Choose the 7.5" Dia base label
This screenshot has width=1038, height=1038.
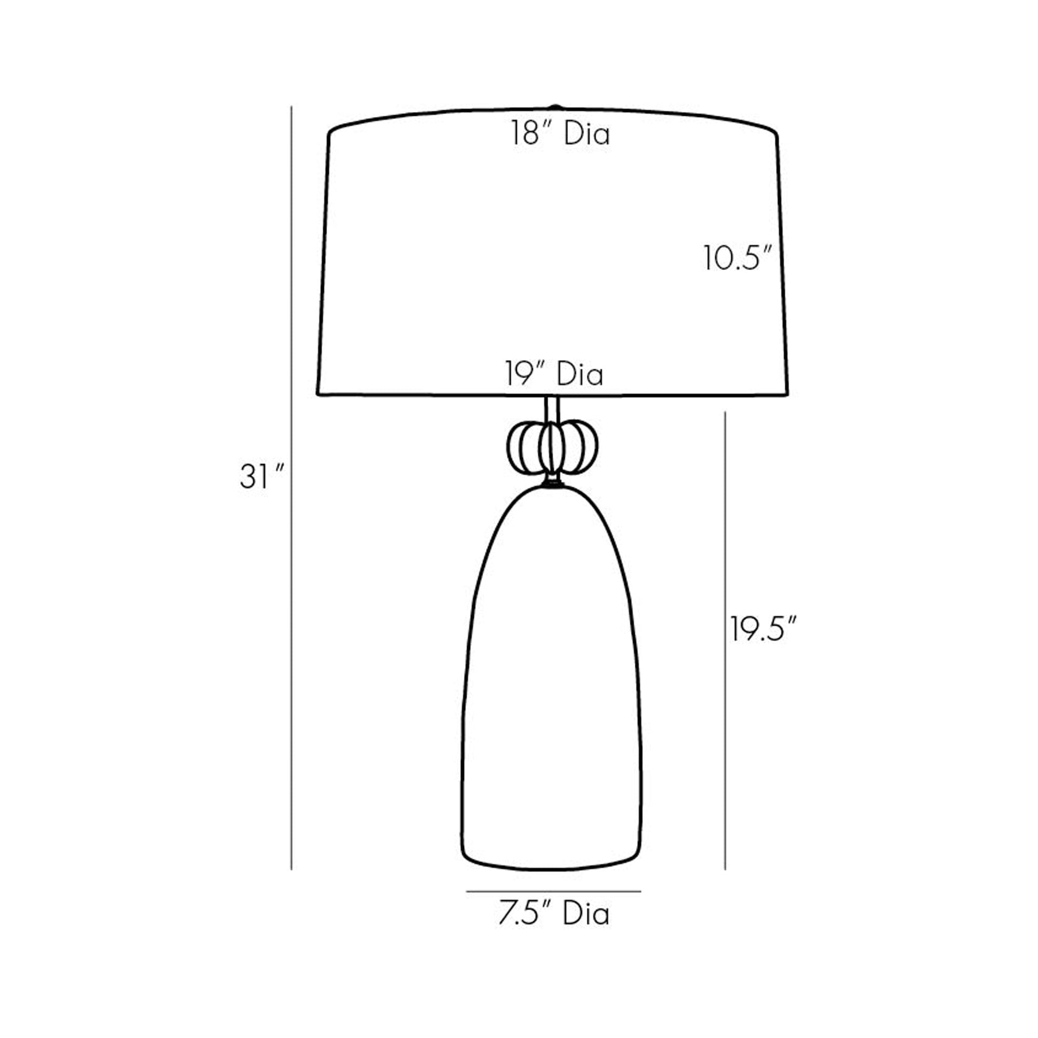click(554, 913)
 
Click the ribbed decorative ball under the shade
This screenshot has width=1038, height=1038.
click(552, 448)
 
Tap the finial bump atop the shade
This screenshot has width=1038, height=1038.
click(555, 107)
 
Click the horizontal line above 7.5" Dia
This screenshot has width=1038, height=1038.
click(553, 891)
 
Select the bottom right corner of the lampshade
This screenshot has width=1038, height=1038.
click(787, 394)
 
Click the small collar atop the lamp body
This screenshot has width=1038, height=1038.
click(552, 484)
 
